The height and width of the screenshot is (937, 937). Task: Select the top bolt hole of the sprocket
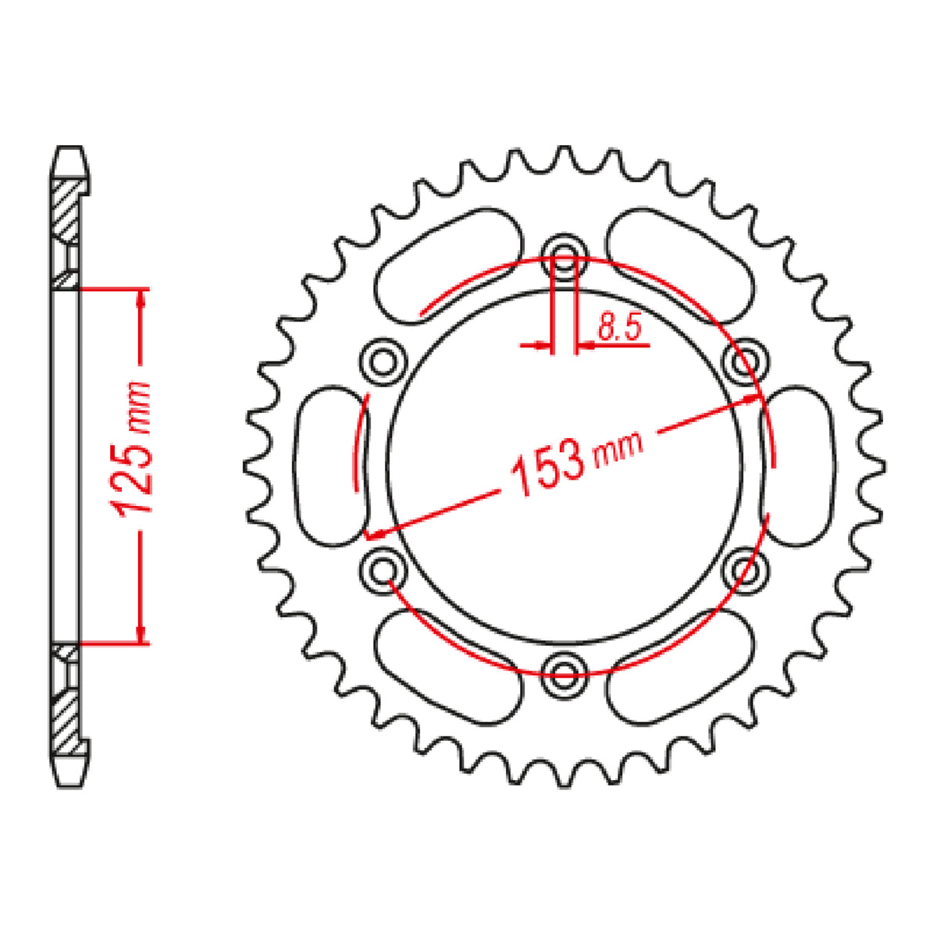coord(565,249)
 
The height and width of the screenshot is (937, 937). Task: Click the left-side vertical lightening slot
coord(331,465)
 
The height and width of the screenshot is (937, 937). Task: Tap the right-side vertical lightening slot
coord(796,465)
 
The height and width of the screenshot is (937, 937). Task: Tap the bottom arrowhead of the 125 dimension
coord(141,634)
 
